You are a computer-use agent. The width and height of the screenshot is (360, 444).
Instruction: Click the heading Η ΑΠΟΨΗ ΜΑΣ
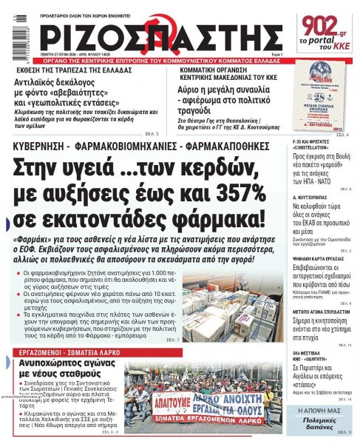pyautogui.click(x=322, y=409)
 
